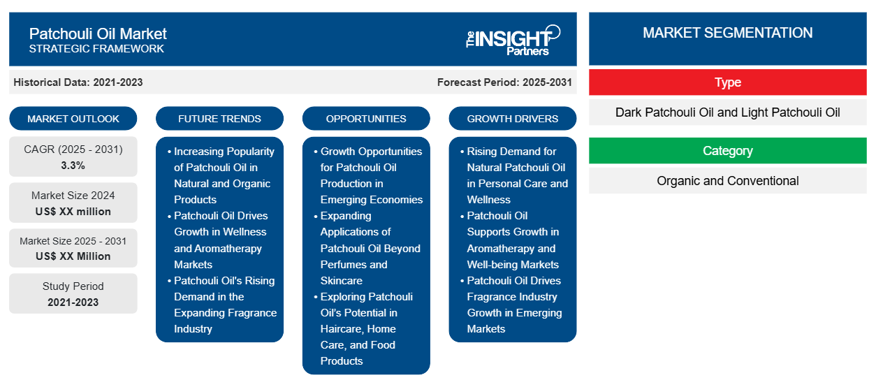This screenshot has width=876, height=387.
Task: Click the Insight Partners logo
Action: tap(513, 39)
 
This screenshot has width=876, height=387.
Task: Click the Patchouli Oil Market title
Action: tap(98, 33)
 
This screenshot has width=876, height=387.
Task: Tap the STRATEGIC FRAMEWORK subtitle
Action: tap(96, 49)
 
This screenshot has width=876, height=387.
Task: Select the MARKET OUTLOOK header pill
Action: tap(73, 119)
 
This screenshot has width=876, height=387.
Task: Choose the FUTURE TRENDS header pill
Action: tap(219, 119)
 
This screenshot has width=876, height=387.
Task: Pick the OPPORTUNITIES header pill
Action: tap(366, 119)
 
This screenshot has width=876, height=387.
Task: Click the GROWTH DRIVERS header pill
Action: tap(513, 119)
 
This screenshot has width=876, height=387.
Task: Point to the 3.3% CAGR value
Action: tap(73, 166)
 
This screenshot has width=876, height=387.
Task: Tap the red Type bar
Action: tap(727, 82)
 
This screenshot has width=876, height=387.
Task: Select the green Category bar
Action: tap(727, 151)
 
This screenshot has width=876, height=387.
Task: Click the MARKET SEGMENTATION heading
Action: tap(727, 33)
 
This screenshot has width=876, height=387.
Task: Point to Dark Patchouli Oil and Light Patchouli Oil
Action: tap(727, 112)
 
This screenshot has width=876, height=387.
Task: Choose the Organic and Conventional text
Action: tap(727, 181)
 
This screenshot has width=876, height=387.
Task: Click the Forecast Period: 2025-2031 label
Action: tap(504, 82)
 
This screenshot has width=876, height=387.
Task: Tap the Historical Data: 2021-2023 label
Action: tap(78, 82)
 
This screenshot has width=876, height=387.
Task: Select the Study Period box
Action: tap(73, 294)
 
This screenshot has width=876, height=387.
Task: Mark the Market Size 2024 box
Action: tap(73, 203)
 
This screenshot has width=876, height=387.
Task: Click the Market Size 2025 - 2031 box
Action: tap(73, 249)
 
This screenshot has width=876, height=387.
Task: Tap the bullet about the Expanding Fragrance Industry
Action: tap(224, 305)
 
